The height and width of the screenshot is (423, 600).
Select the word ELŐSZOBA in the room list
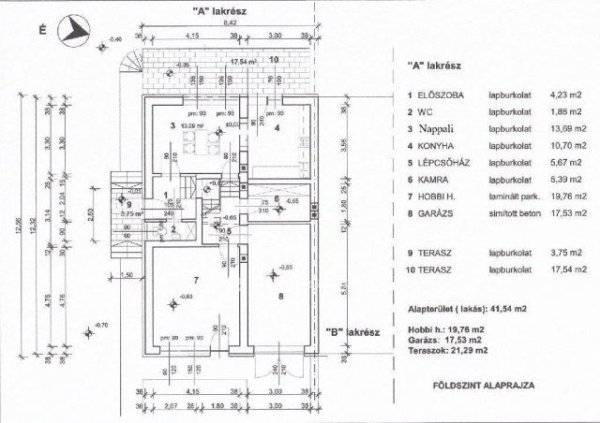(x=440, y=95)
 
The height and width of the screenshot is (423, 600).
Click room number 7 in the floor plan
(x=193, y=280)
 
